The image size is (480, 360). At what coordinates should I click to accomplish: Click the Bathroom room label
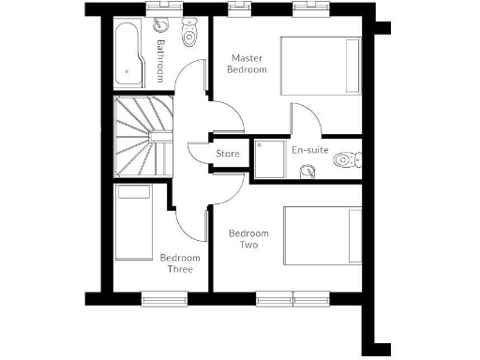[160, 61]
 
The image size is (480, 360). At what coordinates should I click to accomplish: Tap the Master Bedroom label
[249, 63]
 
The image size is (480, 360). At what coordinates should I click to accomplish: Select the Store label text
[228, 153]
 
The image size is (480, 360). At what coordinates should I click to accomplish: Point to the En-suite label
[309, 150]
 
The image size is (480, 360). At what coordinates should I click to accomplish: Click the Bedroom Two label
[249, 239]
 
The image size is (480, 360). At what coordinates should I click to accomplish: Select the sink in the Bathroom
[160, 26]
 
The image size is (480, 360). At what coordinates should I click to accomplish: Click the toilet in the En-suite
[344, 161]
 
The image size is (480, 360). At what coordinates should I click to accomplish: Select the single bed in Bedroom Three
[132, 225]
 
